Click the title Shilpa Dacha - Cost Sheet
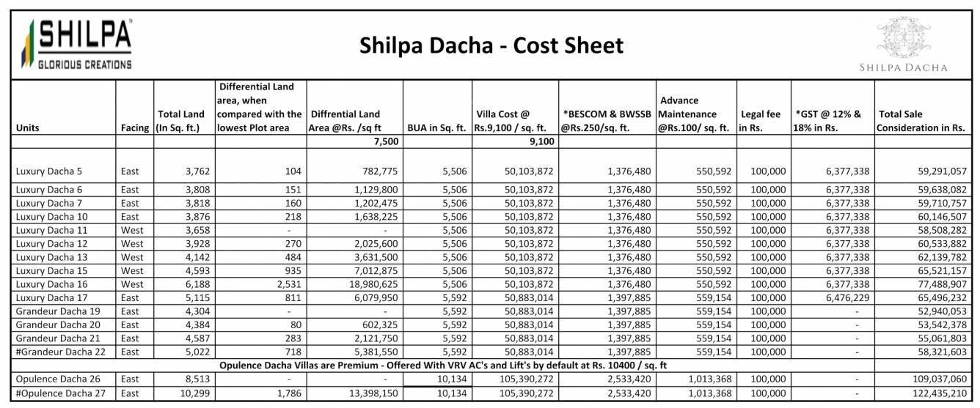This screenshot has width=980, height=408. click(x=491, y=46)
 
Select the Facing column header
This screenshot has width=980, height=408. click(x=135, y=128)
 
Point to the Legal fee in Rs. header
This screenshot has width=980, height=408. click(x=762, y=121)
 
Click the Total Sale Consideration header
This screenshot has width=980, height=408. click(x=921, y=121)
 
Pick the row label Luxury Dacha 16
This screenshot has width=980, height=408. click(x=51, y=284)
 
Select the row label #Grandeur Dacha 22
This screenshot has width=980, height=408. click(x=60, y=352)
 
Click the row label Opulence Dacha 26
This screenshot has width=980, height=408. click(x=56, y=379)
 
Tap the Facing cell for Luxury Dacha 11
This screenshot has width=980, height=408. click(x=133, y=230)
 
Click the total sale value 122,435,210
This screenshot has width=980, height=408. click(x=932, y=393)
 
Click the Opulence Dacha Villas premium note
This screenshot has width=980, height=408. click(x=442, y=365)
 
